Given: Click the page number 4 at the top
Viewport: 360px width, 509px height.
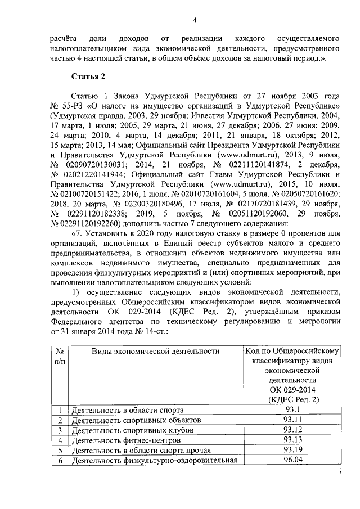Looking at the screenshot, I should pyautogui.click(x=194, y=21).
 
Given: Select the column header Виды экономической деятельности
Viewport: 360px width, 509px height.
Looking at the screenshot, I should pyautogui.click(x=155, y=352).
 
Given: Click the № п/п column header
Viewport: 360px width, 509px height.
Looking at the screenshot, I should pyautogui.click(x=59, y=357).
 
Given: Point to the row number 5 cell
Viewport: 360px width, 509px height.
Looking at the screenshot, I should pyautogui.click(x=59, y=451).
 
